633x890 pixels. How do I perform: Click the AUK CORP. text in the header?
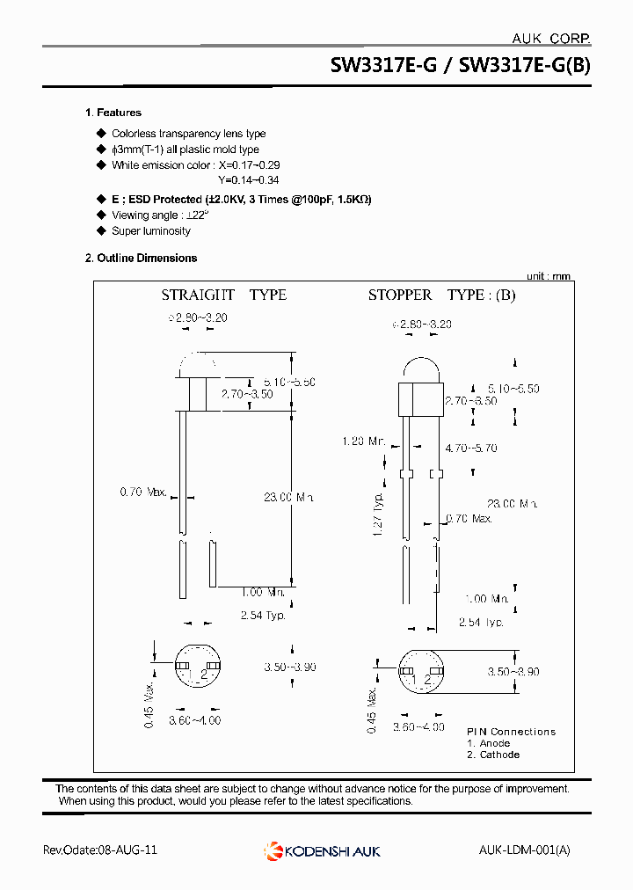pyautogui.click(x=550, y=38)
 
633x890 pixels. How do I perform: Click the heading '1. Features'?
pyautogui.click(x=113, y=113)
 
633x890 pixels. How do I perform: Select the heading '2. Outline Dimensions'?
pyautogui.click(x=141, y=258)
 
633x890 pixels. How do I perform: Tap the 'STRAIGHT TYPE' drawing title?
pyautogui.click(x=223, y=295)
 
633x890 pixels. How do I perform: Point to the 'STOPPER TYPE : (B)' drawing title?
pyautogui.click(x=441, y=295)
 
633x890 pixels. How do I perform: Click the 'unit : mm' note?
pyautogui.click(x=548, y=275)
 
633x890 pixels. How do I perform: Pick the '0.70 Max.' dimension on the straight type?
pyautogui.click(x=143, y=492)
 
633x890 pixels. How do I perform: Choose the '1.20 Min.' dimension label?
pyautogui.click(x=364, y=441)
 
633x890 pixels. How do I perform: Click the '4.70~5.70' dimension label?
pyautogui.click(x=470, y=448)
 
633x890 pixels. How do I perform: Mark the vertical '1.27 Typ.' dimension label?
pyautogui.click(x=377, y=514)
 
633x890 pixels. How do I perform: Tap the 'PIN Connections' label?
pyautogui.click(x=511, y=732)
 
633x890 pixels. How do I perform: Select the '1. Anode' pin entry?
pyautogui.click(x=488, y=743)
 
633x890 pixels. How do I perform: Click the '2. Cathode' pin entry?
pyautogui.click(x=492, y=755)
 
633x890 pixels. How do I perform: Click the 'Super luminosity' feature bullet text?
pyautogui.click(x=150, y=231)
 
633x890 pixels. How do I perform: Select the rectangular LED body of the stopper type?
pyautogui.click(x=418, y=399)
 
